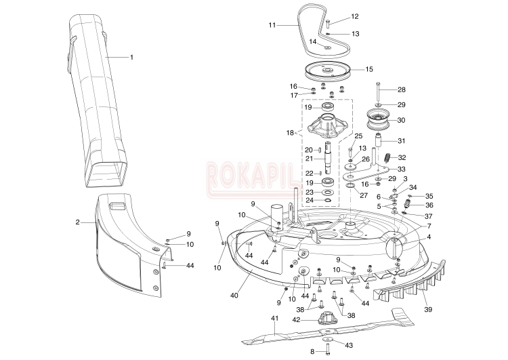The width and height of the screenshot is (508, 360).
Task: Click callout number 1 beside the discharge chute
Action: pos(131,57)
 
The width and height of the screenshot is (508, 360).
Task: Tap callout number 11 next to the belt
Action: pos(272,25)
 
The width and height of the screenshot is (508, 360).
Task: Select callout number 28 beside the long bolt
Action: pos(401,89)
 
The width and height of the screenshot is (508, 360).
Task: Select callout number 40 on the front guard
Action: pos(234,295)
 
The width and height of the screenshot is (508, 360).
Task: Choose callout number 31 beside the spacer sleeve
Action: pos(401,141)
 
